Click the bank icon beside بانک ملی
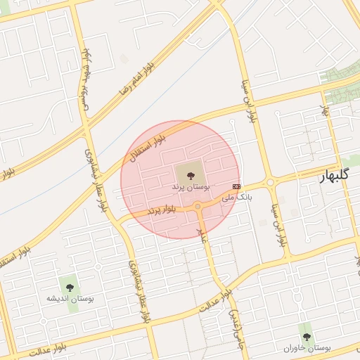(236, 186)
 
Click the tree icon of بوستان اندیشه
(69, 285)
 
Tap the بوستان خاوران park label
(307, 347)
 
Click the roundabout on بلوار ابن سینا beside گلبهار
(271, 184)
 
